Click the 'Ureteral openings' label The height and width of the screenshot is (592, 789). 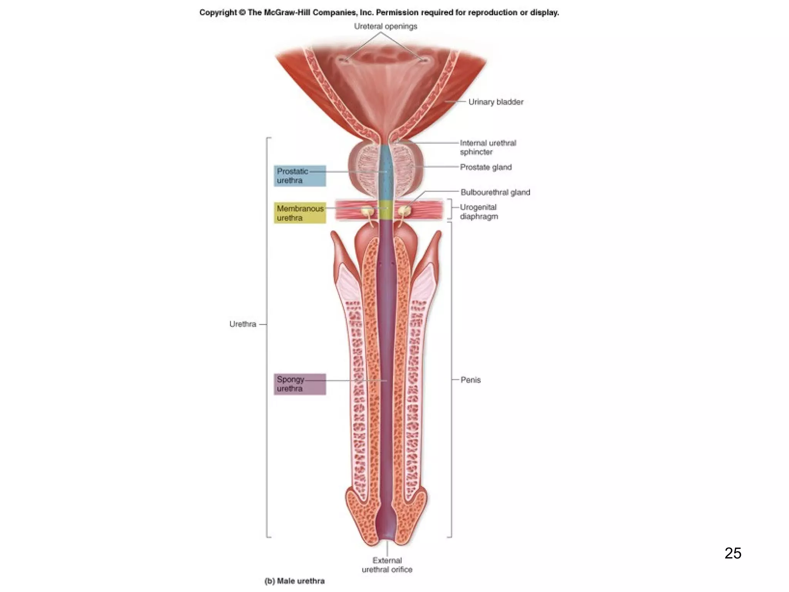pos(386,26)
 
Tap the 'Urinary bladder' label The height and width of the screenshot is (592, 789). pos(496,102)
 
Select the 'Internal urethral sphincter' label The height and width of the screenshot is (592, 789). pos(488,148)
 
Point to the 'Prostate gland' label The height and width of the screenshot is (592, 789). pos(486,167)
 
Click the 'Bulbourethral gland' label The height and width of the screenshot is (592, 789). pos(495,192)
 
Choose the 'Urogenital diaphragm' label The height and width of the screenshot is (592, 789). pos(479,212)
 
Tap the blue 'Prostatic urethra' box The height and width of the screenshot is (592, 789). pos(300,176)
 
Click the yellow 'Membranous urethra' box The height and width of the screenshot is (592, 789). pos(300,213)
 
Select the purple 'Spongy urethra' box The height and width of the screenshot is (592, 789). pos(300,384)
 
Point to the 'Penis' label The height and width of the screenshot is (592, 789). pos(471,380)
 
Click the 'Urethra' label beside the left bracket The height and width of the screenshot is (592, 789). pos(243,324)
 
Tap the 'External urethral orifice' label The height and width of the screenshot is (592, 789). pos(387,565)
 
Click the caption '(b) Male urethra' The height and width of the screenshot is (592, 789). pos(295,581)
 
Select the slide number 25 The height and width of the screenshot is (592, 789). pos(733,553)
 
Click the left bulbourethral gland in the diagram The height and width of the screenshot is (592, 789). pos(366,211)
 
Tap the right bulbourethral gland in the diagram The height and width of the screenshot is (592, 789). pos(404,211)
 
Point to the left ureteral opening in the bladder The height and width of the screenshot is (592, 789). pos(345,60)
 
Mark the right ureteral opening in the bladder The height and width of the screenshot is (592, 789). pos(423,60)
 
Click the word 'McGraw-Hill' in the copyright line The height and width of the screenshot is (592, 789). pos(287,13)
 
